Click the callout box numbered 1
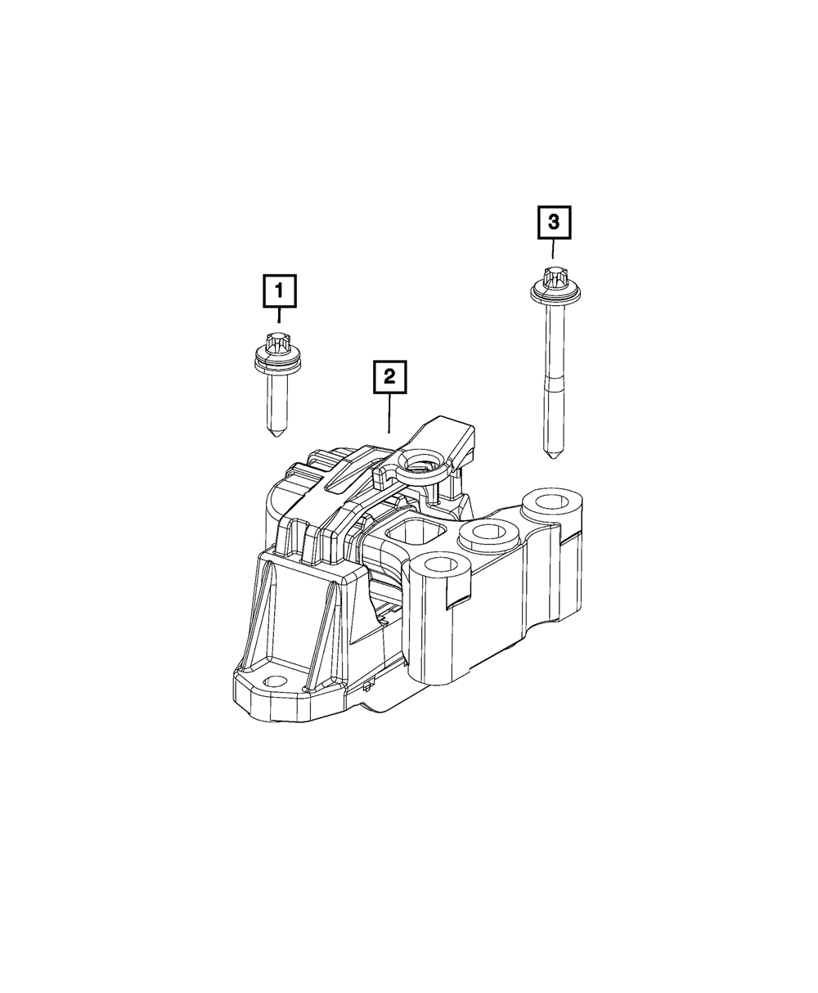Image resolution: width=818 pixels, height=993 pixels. (x=278, y=290)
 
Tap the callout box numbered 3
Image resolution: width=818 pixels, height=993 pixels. (x=554, y=222)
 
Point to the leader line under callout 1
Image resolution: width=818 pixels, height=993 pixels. (x=278, y=315)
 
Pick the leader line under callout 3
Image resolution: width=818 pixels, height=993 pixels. (x=554, y=248)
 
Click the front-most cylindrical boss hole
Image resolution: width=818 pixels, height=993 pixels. (x=439, y=564)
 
